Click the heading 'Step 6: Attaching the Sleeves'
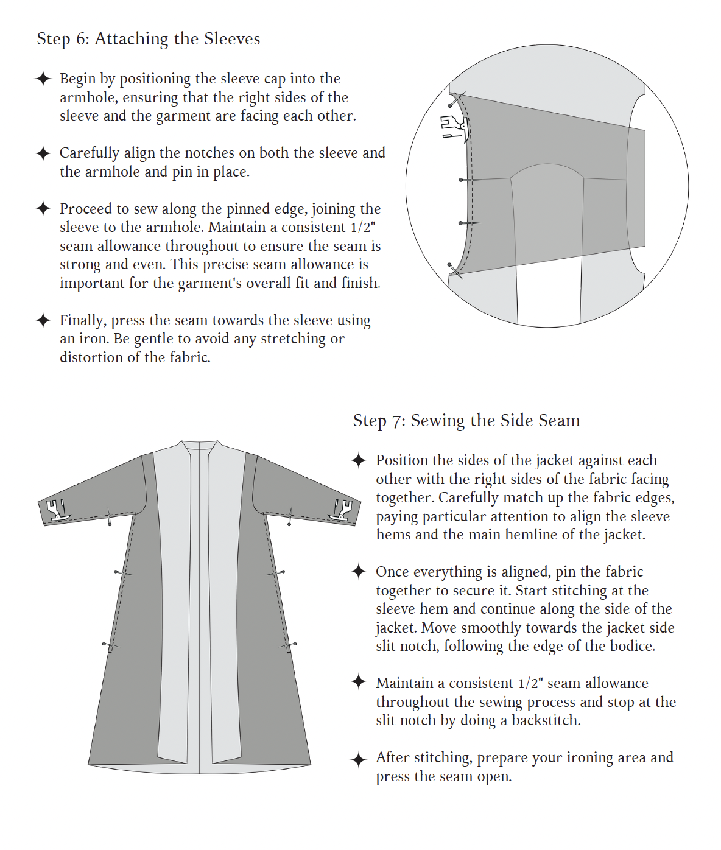pyautogui.click(x=148, y=39)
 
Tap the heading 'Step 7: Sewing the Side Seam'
pyautogui.click(x=466, y=421)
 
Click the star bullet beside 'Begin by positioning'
pyautogui.click(x=43, y=79)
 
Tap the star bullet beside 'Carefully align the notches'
pyautogui.click(x=43, y=153)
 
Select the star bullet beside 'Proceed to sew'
pyautogui.click(x=43, y=209)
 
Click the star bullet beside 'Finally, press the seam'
pyautogui.click(x=43, y=320)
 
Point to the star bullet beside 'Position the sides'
pyautogui.click(x=359, y=460)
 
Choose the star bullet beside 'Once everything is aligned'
pyautogui.click(x=359, y=572)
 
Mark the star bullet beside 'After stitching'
pyautogui.click(x=359, y=759)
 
